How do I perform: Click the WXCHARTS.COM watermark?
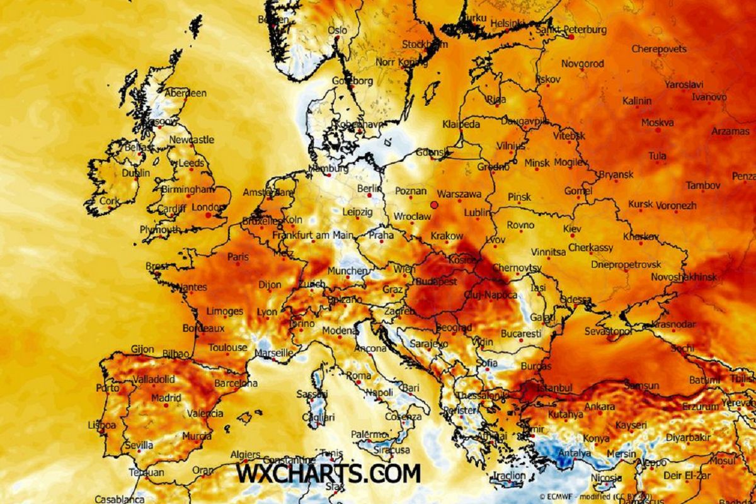click(x=328, y=473)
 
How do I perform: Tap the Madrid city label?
click(x=166, y=398)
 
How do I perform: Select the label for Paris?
click(x=238, y=257)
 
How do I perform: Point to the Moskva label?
click(x=657, y=123)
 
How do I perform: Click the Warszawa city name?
click(x=459, y=194)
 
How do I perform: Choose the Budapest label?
click(x=436, y=282)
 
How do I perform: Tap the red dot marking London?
click(x=209, y=215)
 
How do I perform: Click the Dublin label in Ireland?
click(x=136, y=173)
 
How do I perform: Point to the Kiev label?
click(x=572, y=229)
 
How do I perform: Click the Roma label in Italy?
click(x=358, y=376)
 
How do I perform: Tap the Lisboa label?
click(x=102, y=425)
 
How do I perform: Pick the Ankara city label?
click(x=600, y=407)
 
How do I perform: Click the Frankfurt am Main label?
click(x=312, y=235)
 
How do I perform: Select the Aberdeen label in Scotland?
click(x=186, y=93)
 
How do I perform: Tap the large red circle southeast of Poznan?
click(x=434, y=205)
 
